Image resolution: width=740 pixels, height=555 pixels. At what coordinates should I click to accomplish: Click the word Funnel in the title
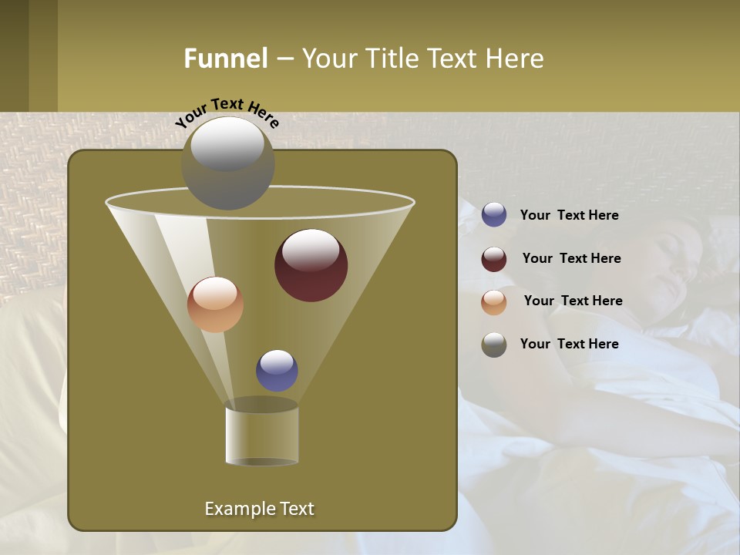tap(225, 59)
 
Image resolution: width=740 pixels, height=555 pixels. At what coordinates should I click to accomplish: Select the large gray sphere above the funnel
tap(228, 163)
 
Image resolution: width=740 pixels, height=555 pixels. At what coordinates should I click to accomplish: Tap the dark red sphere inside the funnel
tap(311, 265)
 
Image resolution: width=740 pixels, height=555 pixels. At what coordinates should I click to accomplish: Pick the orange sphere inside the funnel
tap(215, 304)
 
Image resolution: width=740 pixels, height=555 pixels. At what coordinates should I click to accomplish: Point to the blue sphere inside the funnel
tap(277, 370)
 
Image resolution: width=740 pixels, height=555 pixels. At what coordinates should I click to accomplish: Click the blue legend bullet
tap(494, 215)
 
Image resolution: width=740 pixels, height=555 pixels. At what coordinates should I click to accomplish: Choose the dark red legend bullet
tap(494, 259)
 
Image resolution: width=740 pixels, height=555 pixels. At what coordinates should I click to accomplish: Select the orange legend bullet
tap(494, 302)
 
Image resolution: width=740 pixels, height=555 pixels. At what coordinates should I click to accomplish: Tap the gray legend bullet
tap(494, 345)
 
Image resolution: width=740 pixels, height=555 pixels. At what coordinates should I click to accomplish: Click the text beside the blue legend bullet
tap(569, 215)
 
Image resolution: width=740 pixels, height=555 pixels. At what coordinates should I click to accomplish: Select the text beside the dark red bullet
tap(571, 258)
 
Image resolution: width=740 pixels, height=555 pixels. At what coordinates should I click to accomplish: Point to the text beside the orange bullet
tap(573, 301)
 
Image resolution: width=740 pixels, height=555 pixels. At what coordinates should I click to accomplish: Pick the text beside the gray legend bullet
tap(569, 344)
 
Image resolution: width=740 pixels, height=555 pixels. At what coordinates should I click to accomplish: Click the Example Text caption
tap(259, 509)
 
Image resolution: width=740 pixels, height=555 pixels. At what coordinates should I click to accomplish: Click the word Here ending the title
tap(515, 59)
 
